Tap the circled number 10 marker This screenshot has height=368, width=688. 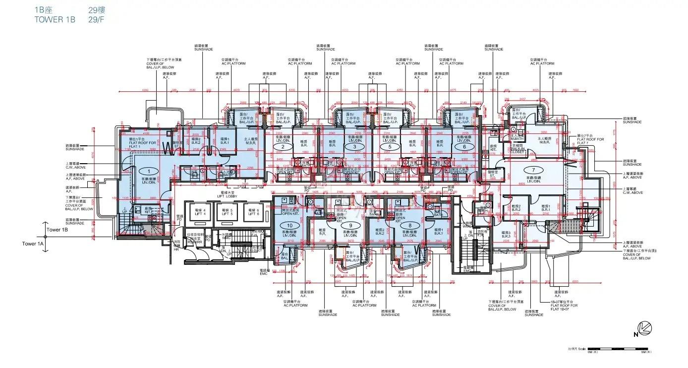(289, 226)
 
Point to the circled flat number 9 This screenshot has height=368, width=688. (343, 226)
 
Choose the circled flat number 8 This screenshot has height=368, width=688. (410, 226)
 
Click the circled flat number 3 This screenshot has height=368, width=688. (354, 147)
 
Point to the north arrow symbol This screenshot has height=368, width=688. (643, 328)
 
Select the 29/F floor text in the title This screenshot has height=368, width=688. (96, 20)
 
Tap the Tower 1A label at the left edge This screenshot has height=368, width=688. (33, 244)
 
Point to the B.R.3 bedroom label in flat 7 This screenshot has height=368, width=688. (506, 234)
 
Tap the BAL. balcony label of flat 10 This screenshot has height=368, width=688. (285, 258)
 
